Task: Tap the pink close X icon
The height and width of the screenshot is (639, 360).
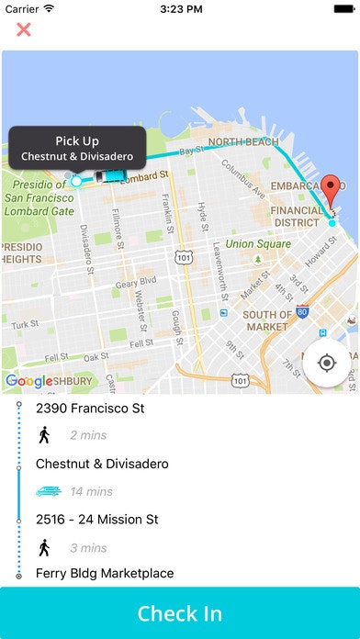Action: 24,29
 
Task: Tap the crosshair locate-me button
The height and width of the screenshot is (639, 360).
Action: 326,363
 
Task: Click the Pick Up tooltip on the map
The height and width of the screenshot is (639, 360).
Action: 77,148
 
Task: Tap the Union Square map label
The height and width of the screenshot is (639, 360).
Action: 252,244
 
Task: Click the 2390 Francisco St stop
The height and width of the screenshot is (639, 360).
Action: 90,408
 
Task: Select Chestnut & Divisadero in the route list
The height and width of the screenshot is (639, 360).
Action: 102,464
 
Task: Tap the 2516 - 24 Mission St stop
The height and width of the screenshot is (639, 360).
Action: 97,520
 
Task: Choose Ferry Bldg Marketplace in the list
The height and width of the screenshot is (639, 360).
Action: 105,574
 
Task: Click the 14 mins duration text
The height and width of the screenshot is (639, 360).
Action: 91,492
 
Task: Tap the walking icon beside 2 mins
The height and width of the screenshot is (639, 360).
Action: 43,435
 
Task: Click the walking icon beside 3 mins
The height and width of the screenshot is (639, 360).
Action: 43,548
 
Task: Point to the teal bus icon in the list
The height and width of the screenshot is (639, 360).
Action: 48,492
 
